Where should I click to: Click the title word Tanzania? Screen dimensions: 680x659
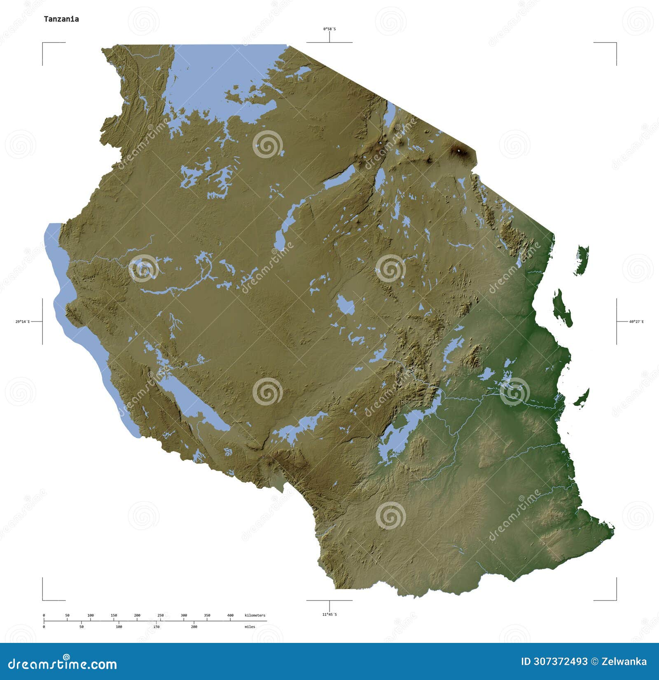[61, 19]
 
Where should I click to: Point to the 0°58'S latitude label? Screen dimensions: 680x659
[329, 29]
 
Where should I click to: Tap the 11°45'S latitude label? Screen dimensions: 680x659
[329, 614]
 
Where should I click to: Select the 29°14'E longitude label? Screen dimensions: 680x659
[23, 321]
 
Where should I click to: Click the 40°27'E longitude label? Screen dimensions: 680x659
[636, 321]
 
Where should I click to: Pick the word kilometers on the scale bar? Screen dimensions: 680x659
[255, 615]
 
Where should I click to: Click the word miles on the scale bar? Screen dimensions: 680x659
[249, 627]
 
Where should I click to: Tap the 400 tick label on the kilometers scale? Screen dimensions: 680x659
[230, 615]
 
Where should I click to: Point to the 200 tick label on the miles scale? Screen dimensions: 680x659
[194, 627]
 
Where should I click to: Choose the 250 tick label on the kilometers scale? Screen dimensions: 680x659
[160, 615]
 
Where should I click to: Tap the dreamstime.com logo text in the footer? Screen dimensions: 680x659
[63, 664]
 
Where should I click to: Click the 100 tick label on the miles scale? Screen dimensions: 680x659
[119, 627]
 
